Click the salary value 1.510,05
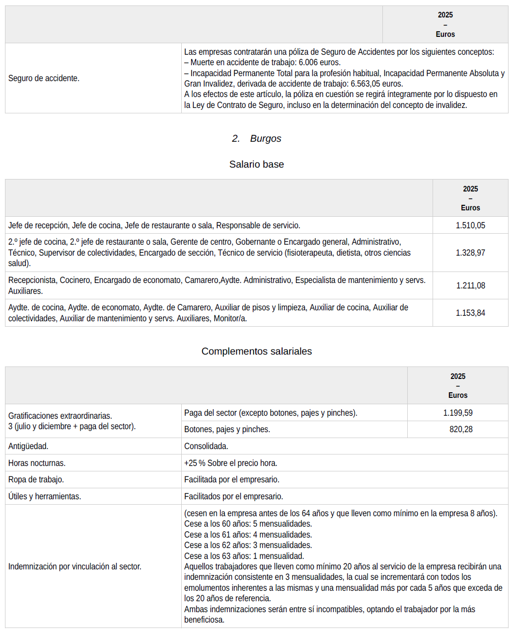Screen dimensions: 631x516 click(470, 225)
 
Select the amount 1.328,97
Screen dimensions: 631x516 click(470, 253)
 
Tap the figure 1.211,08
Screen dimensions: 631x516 click(470, 285)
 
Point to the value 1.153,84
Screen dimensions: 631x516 click(470, 313)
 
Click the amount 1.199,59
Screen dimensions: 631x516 click(457, 413)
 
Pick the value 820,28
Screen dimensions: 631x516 click(460, 429)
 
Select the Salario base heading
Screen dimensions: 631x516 click(256, 164)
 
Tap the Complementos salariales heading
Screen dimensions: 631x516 click(256, 351)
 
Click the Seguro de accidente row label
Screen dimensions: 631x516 click(44, 78)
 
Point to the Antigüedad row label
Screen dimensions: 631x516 click(28, 446)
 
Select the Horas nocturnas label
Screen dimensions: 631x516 click(37, 463)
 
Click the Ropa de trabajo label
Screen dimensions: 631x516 click(36, 479)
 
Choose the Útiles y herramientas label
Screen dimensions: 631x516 click(45, 496)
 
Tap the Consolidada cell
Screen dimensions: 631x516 click(206, 446)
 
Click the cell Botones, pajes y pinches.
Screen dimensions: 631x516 click(227, 429)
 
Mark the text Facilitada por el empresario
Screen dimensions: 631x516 click(231, 479)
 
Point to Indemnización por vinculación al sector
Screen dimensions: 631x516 click(74, 566)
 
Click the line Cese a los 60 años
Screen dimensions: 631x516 click(248, 524)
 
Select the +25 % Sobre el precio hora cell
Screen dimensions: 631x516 click(230, 463)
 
